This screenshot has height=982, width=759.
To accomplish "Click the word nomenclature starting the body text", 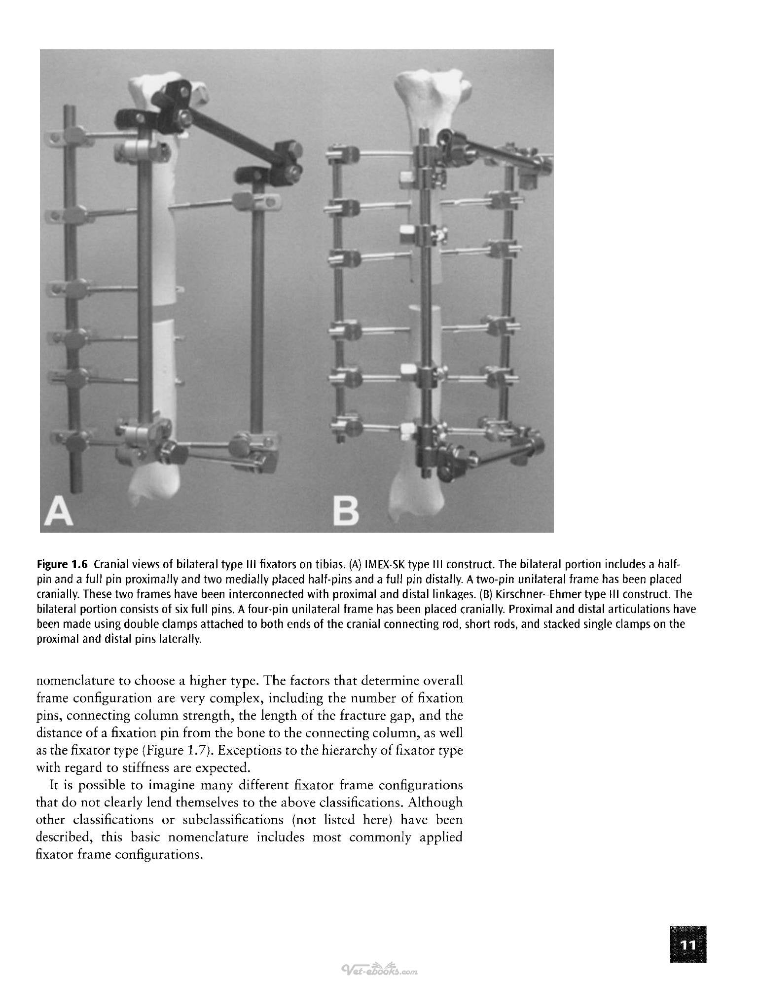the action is click(x=72, y=681).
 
